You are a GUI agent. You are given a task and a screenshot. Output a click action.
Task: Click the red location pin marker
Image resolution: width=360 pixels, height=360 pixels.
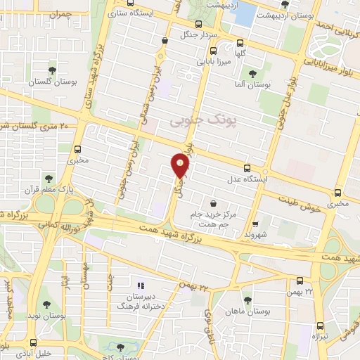pos(181,166)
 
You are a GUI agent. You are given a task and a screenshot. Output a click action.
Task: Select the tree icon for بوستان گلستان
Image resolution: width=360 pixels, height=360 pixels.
pos(53,70)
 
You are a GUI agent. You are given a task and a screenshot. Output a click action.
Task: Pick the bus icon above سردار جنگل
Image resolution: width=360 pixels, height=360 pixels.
pos(164,41)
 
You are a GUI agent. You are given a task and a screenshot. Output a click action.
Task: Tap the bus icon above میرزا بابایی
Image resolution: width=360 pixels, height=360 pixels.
pos(213,50)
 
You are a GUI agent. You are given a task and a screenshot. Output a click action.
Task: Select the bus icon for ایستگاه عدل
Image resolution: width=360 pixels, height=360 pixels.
pos(246,168)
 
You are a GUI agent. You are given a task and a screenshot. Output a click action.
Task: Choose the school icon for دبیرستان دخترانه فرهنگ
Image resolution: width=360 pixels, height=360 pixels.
pos(141,285)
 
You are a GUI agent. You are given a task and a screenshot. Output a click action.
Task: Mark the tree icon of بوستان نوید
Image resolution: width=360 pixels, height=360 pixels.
pos(46,305)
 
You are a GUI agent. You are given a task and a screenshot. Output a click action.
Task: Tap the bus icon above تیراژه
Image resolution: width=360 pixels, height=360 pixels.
pos(321,325)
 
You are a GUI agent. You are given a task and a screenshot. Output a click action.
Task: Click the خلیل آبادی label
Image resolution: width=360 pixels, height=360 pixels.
pos(33,354)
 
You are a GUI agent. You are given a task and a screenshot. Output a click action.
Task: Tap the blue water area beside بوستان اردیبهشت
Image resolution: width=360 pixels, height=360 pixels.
pos(244,15)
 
